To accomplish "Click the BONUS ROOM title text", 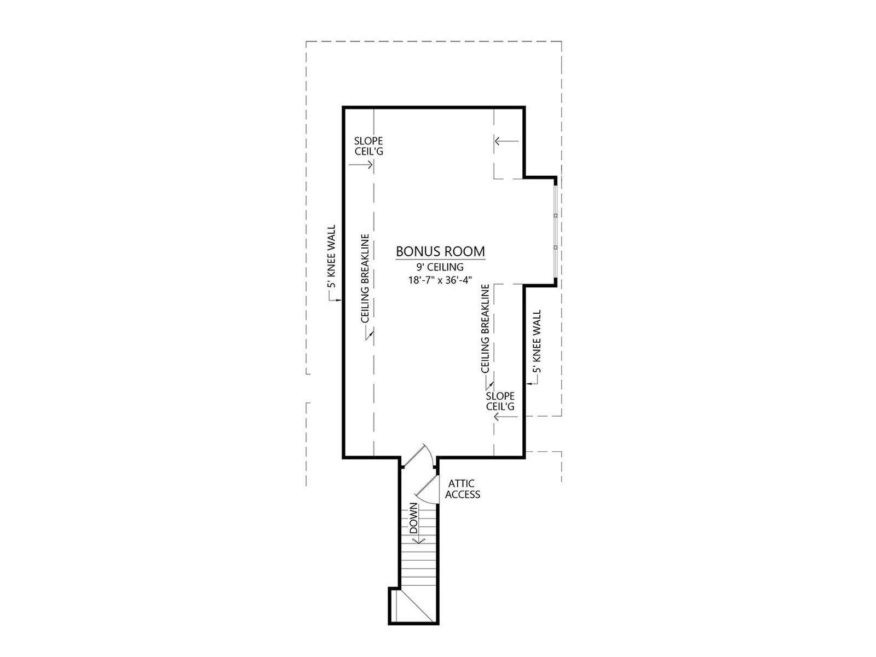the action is (440, 251).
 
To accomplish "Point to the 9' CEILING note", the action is (440, 267).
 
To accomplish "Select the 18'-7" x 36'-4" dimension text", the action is (440, 280).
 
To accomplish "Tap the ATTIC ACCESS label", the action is (462, 489).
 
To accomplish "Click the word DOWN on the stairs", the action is (413, 518).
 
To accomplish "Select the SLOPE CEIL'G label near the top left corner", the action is (369, 146).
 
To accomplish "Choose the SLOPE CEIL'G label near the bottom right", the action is (500, 401).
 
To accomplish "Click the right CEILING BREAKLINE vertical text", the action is (485, 328).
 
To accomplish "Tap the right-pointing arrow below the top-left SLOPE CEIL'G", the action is (361, 164).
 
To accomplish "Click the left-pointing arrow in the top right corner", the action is (507, 141).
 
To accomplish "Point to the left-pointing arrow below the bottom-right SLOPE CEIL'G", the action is (506, 417).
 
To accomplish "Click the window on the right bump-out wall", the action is (555, 231).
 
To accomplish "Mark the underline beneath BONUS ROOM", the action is (440, 260).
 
